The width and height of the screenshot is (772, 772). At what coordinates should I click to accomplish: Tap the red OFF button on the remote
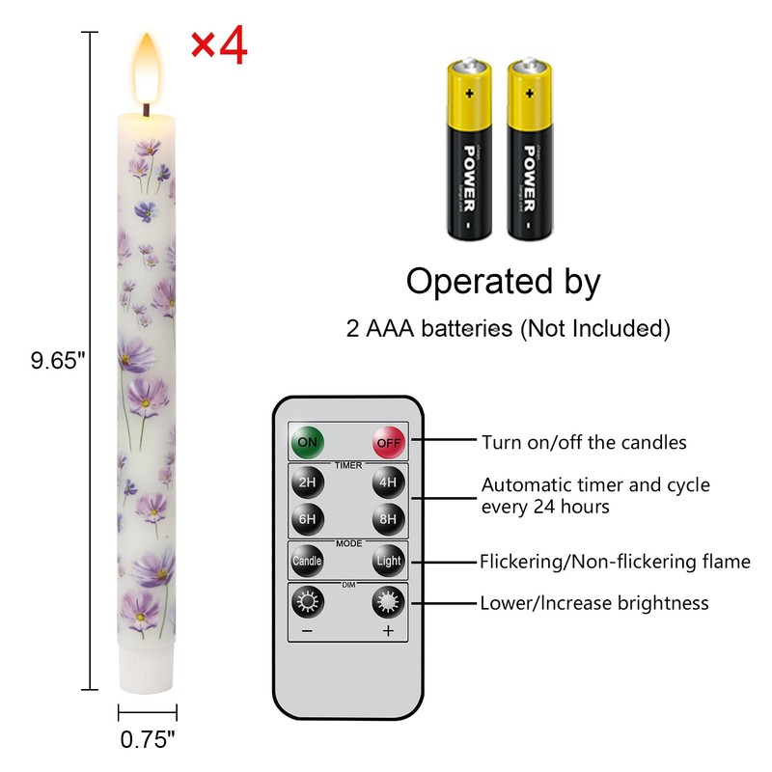pos(388,443)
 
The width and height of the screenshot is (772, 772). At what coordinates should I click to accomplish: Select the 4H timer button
pos(388,482)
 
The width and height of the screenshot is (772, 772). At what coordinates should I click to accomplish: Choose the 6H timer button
pos(308,518)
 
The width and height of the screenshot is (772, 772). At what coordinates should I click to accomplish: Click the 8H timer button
pos(388,518)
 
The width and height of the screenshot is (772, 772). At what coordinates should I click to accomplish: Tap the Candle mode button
pos(308,561)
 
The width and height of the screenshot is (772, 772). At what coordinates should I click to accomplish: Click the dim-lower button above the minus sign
pos(308,603)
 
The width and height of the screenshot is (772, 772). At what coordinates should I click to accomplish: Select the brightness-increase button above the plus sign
pos(388,603)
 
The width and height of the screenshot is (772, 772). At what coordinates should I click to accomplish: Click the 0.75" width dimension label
pos(148,741)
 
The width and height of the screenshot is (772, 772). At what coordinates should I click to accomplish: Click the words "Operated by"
pos(503,282)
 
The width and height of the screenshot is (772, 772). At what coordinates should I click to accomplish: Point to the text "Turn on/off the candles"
pos(584,443)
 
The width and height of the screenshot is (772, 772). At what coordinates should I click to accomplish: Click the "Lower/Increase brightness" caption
pos(594,603)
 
